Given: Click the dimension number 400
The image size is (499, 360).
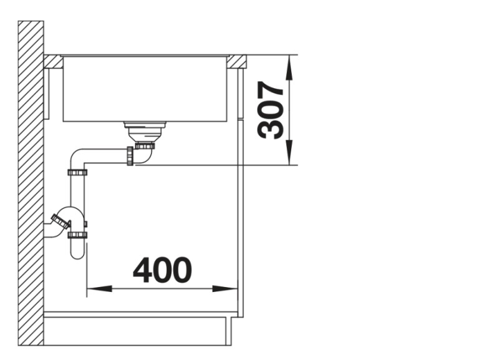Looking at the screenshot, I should (x=162, y=270).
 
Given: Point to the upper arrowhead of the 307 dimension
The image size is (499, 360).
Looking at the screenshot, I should (x=289, y=66).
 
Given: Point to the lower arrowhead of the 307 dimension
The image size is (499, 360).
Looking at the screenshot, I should (x=289, y=156).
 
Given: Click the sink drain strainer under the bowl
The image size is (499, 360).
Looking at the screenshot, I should (x=145, y=132).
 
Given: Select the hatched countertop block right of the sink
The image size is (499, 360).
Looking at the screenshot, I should (x=236, y=61).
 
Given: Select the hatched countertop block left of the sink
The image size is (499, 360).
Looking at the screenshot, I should (x=53, y=61).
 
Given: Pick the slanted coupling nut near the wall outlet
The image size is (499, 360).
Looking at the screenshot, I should (x=61, y=221).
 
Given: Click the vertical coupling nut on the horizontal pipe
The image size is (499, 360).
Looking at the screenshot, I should (x=130, y=156).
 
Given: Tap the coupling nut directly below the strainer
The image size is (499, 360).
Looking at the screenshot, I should (x=145, y=145).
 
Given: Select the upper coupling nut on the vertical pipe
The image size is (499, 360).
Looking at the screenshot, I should (x=77, y=172).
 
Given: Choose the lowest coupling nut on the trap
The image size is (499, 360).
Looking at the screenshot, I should (x=77, y=235).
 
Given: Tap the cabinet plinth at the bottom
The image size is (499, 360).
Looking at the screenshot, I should (x=137, y=331).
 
